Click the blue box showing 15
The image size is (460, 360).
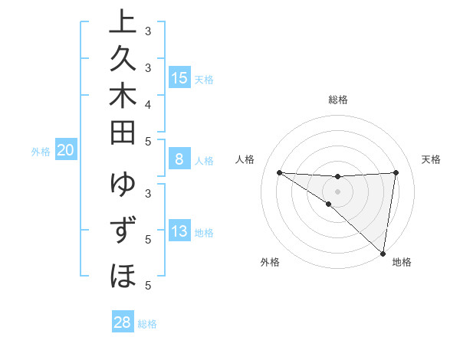click(179, 78)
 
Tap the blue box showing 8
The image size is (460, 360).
click(179, 159)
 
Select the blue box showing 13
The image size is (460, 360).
click(179, 232)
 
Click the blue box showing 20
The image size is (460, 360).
click(65, 151)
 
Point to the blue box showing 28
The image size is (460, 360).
click(123, 322)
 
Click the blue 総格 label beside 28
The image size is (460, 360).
click(148, 324)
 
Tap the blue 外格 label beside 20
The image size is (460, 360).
click(41, 152)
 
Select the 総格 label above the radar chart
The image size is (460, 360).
click(338, 100)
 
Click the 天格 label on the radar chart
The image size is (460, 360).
click(432, 159)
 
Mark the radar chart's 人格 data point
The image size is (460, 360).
click(279, 172)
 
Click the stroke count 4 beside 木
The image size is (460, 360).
click(148, 103)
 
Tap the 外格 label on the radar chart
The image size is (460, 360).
click(270, 262)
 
